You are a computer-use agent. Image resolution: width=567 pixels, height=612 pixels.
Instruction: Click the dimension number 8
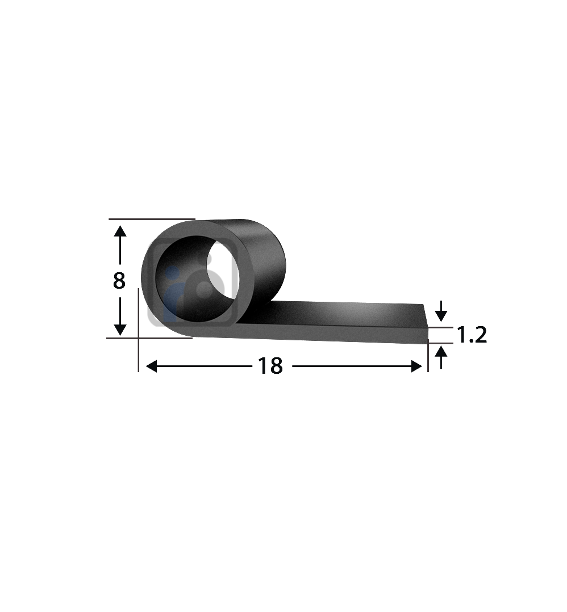119,281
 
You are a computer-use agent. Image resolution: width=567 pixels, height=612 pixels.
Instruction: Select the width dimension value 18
270,367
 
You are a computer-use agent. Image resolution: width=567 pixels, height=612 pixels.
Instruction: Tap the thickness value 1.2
472,336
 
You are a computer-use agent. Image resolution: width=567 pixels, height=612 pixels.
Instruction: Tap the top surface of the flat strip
347,315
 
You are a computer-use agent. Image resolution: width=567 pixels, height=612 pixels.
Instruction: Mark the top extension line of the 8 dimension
151,219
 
